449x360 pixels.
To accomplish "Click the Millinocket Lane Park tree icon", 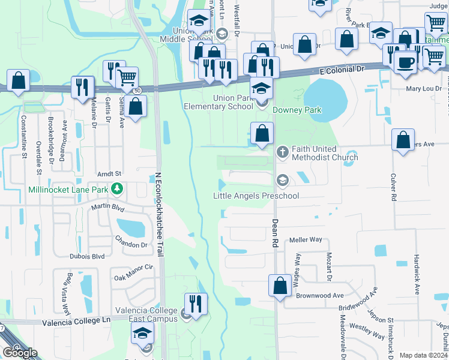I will click(118, 190).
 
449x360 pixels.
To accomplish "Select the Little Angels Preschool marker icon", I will click(282, 180).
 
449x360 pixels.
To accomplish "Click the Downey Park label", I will click(297, 110).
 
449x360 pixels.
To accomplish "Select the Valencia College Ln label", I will click(77, 322).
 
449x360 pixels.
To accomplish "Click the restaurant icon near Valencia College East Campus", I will click(195, 304).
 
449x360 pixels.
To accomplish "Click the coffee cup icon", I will click(406, 62).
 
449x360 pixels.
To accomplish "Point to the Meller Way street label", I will click(306, 240).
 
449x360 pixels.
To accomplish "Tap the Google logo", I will click(20, 353).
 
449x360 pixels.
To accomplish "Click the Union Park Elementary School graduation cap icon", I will click(261, 88).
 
